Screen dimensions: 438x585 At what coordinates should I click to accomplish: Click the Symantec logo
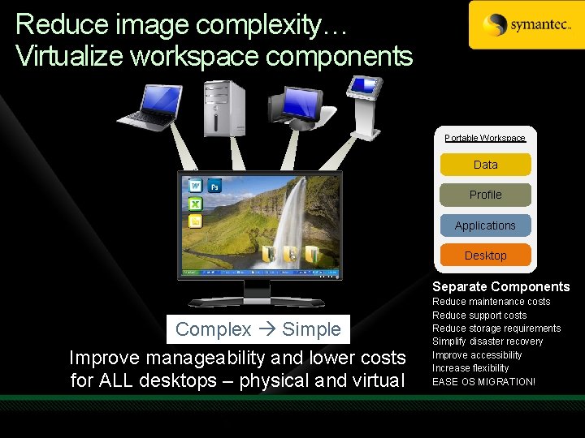point(526,24)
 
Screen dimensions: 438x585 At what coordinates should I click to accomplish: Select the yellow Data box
point(485,165)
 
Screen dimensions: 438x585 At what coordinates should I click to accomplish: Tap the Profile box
point(485,195)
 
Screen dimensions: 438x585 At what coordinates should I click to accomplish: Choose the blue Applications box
point(485,225)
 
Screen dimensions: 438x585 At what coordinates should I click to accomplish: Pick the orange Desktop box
point(485,255)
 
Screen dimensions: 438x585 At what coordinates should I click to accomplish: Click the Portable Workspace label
point(485,138)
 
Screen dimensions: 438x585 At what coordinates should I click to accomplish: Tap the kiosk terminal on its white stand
point(364,105)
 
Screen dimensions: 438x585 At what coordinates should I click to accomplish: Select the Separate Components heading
point(500,286)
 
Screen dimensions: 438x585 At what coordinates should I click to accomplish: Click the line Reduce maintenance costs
point(491,302)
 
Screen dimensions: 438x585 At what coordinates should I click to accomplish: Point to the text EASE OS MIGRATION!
point(483,381)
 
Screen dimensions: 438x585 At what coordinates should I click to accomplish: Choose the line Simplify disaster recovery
point(487,341)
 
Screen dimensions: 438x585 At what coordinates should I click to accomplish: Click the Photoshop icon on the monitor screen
point(215,186)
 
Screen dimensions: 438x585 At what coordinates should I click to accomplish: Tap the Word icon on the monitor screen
point(196,186)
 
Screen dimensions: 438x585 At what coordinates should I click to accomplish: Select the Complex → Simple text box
point(258,329)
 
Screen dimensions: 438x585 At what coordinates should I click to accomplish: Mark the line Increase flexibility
point(470,368)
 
